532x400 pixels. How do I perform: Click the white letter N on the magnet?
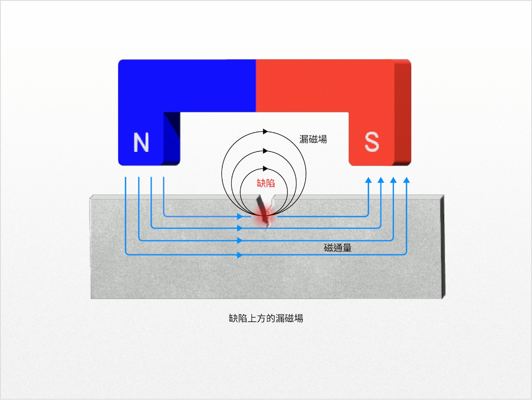coord(141,142)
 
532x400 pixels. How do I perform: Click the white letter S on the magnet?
coord(372,141)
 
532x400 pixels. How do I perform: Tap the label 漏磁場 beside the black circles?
coord(313,139)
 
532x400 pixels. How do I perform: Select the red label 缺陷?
coord(266,183)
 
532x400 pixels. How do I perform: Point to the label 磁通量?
coord(338,248)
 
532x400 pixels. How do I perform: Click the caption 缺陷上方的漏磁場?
coord(266,318)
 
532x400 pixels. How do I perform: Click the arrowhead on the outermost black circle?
coord(266,132)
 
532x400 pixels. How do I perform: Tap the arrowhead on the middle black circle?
coord(266,151)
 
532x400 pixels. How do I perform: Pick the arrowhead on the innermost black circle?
coord(266,169)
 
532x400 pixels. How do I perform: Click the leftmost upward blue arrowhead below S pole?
coord(369,180)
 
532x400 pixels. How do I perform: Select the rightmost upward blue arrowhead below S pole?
coord(407,180)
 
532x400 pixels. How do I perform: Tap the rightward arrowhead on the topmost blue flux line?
coord(240,217)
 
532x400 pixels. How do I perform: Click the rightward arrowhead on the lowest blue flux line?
coord(240,255)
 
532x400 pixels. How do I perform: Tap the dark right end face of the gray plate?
coord(443,247)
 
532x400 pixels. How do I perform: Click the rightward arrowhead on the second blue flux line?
coord(240,228)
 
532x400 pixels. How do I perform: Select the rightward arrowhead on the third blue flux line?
coord(240,240)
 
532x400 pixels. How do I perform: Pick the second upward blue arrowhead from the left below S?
coord(381,180)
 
